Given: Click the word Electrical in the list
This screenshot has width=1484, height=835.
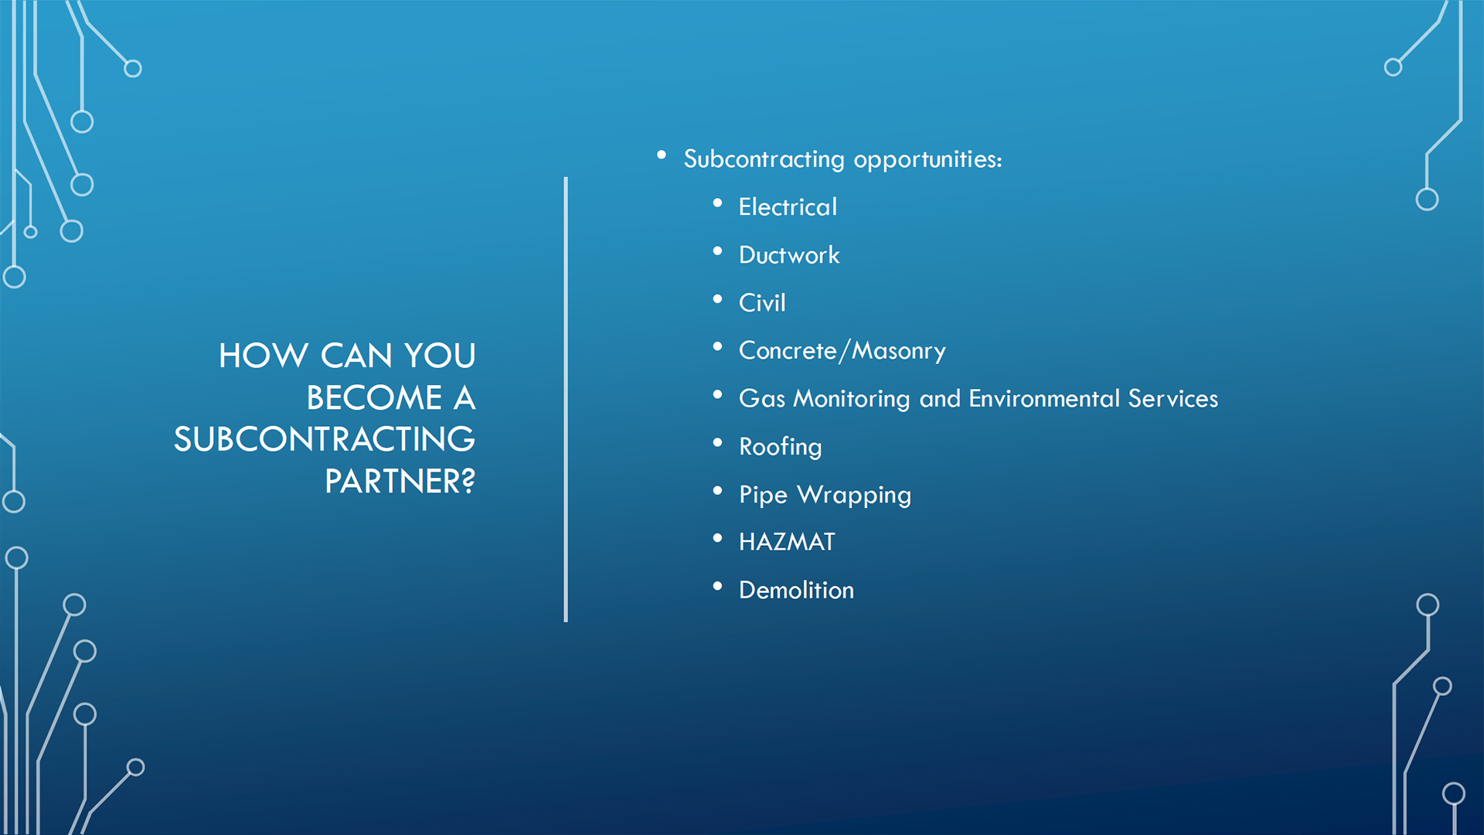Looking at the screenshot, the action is coord(788,207).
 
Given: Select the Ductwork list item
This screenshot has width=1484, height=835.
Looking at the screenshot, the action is coord(789,255).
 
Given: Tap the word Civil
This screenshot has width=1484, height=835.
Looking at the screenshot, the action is coord(762,303).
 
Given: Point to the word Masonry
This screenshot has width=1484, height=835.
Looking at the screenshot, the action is coord(899,352).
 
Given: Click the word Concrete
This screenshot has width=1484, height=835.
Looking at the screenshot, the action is coord(788,351).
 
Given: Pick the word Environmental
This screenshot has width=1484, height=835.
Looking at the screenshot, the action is coord(1044,399).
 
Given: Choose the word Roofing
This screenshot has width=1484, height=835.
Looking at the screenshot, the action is coord(780,448).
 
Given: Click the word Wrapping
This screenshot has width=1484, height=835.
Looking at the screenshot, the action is coord(854,496).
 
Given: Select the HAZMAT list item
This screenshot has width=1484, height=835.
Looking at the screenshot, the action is coord(787,542).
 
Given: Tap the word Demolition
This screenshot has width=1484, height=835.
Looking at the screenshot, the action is coord(796,591).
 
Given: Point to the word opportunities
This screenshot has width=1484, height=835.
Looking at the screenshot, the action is coord(927,160).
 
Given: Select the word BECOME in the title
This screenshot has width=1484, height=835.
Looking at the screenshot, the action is coord(375,398).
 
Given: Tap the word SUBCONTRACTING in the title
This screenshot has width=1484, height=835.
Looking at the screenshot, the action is coord(325,440).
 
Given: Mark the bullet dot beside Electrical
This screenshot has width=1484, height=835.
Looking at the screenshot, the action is coord(718,203).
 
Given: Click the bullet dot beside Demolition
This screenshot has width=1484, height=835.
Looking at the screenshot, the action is coord(718,587).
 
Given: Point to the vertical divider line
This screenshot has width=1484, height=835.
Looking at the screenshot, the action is coord(566,400).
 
